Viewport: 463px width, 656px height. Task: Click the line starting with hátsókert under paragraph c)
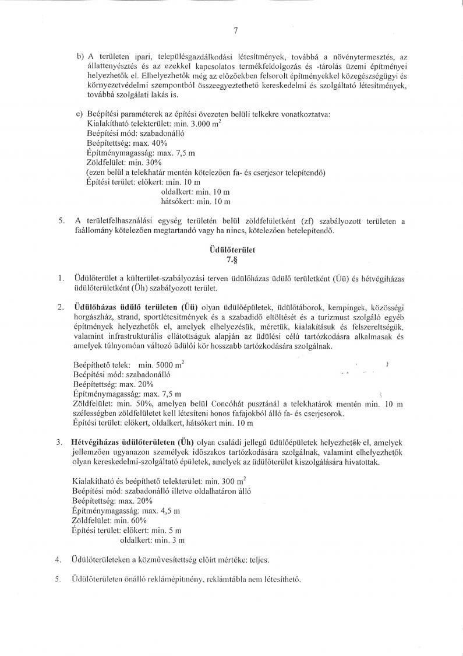click(196, 202)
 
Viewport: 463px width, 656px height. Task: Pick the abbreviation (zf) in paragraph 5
click(308, 221)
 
